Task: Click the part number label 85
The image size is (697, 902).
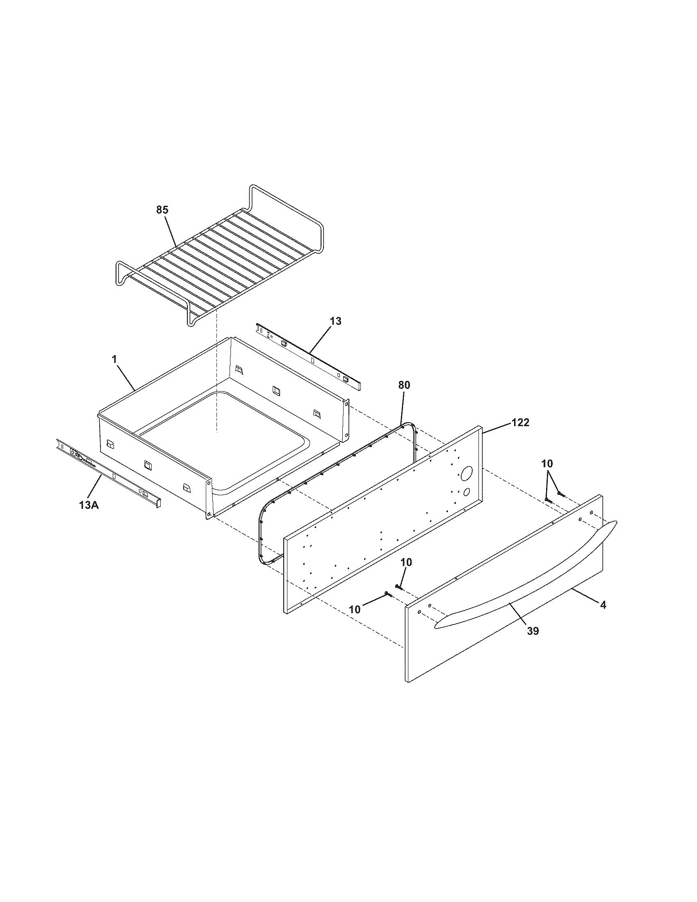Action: pyautogui.click(x=162, y=210)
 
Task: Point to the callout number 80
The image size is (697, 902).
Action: pyautogui.click(x=404, y=385)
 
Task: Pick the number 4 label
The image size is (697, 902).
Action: pyautogui.click(x=603, y=605)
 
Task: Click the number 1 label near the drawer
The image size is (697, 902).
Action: pyautogui.click(x=114, y=359)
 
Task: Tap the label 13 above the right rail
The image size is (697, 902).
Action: pyautogui.click(x=336, y=321)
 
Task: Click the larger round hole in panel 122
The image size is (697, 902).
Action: pyautogui.click(x=467, y=473)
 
